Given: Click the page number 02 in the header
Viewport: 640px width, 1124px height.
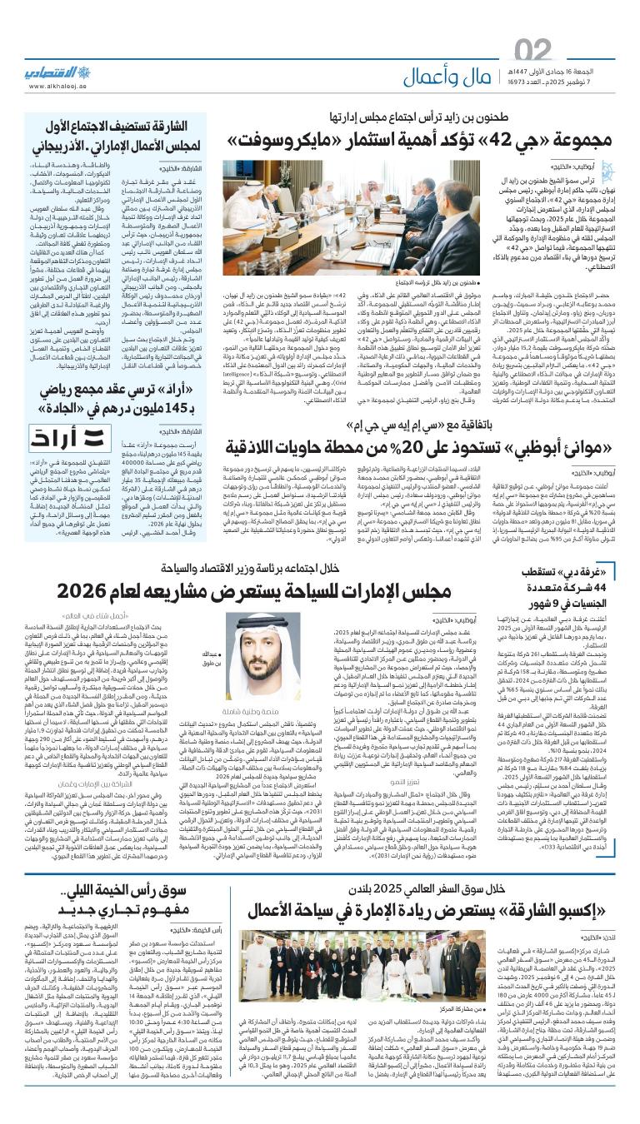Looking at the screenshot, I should [x=533, y=52].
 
